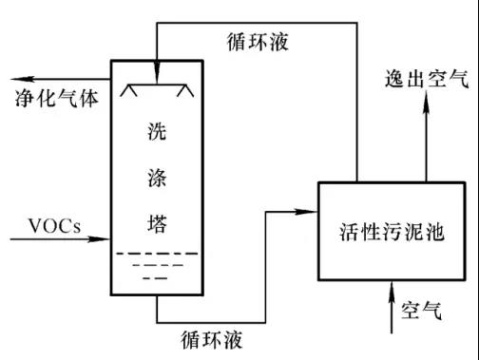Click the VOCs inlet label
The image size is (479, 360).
pos(54,226)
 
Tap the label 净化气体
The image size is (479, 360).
pos(57,98)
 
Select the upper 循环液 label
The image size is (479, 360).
pos(258,42)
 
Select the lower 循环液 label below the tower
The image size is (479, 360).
pos(212,340)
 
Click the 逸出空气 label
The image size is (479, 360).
pos(427,79)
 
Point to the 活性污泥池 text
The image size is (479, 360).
pos(392,232)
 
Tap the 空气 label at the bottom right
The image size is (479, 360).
pos(421,311)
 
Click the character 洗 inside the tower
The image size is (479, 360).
pos(157,131)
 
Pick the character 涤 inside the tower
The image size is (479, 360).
pos(157,178)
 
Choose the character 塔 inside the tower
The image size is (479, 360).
pos(157,223)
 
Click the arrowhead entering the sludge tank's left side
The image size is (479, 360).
pos(306,212)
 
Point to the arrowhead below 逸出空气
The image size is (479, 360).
pos(427,103)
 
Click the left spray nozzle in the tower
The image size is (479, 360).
pos(128,90)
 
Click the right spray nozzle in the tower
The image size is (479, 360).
pos(185,90)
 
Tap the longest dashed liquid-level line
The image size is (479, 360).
pos(157,254)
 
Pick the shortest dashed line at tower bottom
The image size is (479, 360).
pos(155,278)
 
